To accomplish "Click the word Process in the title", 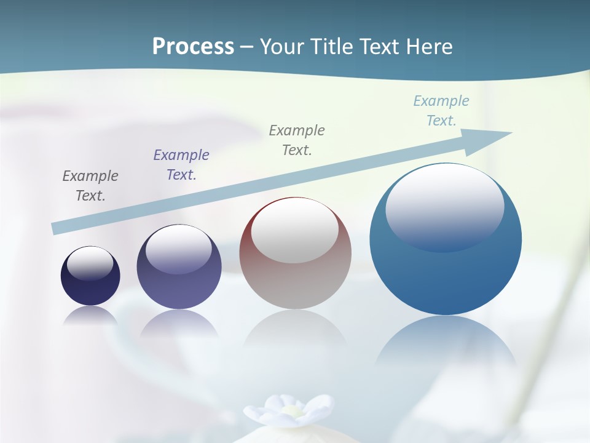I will pos(193,46).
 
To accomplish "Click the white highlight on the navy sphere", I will pos(90,263).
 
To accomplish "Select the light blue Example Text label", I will pos(441,111).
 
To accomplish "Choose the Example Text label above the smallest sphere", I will pos(90,186).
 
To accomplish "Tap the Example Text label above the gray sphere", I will pos(297,140).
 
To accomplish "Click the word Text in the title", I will pos(380,46).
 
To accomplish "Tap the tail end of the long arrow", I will pos(55,228).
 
